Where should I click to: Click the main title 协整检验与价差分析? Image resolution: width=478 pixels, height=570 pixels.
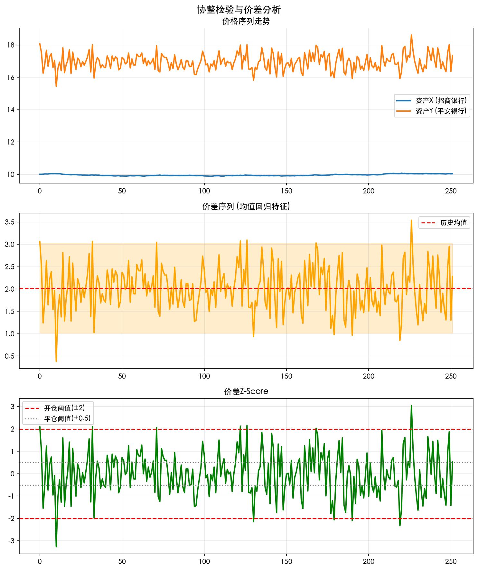(239, 10)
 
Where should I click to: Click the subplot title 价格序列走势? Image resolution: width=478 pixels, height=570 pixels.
(246, 22)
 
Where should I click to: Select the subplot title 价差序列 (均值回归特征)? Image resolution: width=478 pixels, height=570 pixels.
(246, 206)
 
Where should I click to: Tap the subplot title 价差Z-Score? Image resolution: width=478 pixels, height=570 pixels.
(246, 391)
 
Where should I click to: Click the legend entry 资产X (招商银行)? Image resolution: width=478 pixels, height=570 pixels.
(441, 100)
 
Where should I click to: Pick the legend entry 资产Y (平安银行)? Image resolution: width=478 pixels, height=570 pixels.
(441, 111)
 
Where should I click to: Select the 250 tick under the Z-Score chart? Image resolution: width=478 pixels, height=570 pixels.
(451, 562)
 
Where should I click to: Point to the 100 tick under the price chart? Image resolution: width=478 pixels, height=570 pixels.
(204, 191)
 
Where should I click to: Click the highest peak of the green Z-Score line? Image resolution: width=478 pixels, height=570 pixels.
(411, 406)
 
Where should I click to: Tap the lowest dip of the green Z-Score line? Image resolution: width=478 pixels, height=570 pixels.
(56, 547)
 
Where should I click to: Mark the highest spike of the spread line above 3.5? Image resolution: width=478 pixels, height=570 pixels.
(411, 220)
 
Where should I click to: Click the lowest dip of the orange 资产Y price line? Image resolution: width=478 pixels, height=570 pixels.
(56, 86)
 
